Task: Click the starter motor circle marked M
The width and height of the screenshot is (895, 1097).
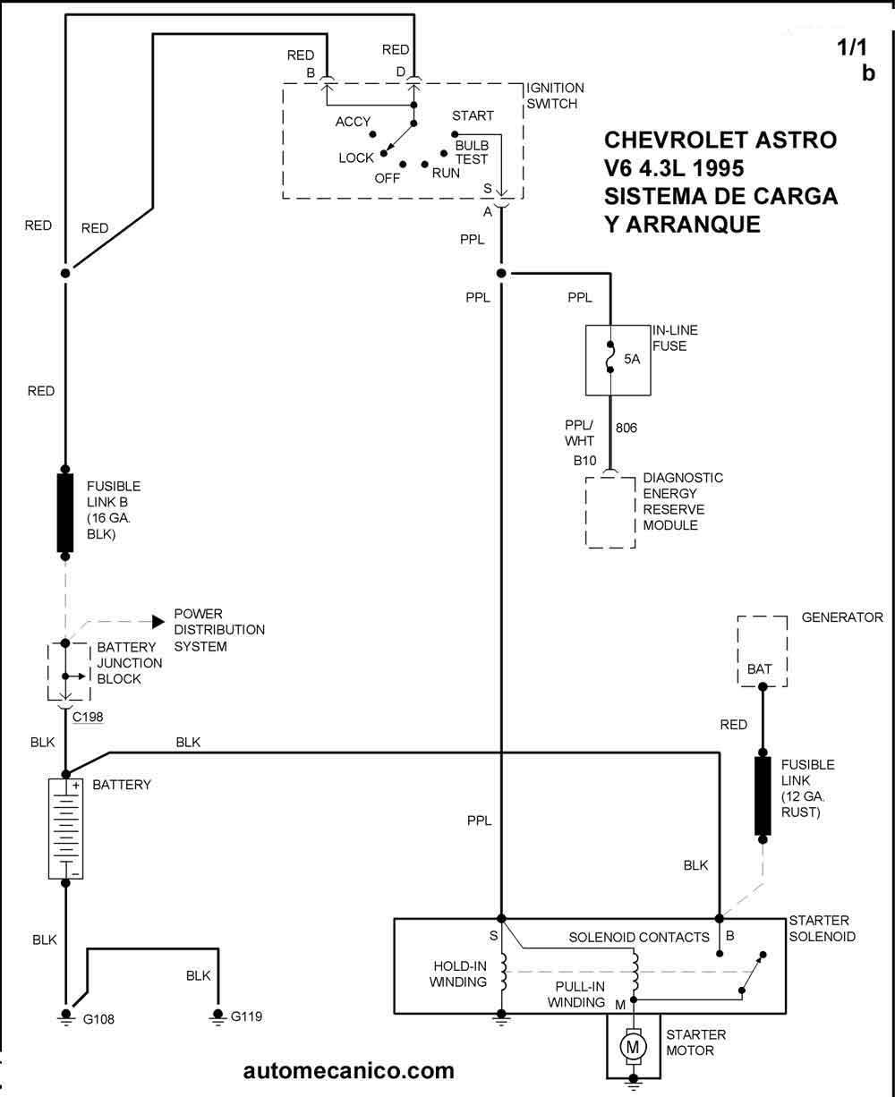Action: [x=634, y=1044]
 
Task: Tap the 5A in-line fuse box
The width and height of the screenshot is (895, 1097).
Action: [x=618, y=360]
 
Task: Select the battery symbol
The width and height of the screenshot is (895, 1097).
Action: [x=65, y=828]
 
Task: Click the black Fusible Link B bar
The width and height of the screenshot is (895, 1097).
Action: [x=65, y=513]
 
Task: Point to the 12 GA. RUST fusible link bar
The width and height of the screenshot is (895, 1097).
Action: [x=763, y=795]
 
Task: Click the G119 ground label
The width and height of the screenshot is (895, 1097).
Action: [x=247, y=1016]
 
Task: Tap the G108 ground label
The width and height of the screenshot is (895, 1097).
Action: [x=98, y=1019]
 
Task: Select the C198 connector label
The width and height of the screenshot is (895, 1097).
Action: [x=89, y=716]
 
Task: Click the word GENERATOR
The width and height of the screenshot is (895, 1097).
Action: [x=842, y=617]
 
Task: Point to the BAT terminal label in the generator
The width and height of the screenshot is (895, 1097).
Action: [x=760, y=668]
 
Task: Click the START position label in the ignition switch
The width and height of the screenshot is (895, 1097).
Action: [x=473, y=116]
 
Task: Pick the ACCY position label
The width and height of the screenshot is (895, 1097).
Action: [x=354, y=123]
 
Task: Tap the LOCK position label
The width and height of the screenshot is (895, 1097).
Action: [x=356, y=158]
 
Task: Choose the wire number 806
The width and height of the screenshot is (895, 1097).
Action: [x=626, y=429]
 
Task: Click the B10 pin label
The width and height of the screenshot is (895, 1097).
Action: [x=584, y=461]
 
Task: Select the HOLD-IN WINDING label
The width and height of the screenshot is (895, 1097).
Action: [x=459, y=974]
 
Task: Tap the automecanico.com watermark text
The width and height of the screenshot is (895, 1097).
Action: [x=348, y=1070]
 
